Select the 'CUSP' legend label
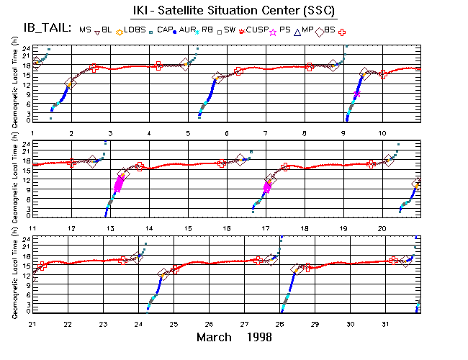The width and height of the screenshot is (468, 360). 256,30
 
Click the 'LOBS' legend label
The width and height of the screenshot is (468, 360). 134,30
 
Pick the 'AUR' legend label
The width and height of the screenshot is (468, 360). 189,30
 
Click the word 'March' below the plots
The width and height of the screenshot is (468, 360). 216,337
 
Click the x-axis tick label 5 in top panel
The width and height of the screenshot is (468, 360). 188,133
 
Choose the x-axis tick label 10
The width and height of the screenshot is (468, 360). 382,133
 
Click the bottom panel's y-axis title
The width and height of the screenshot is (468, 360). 15,274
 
